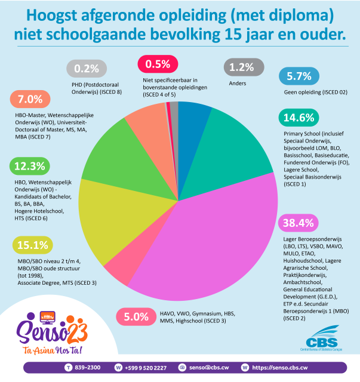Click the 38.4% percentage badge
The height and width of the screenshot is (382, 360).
(x=300, y=223)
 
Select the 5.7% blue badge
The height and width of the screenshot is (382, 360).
(x=300, y=76)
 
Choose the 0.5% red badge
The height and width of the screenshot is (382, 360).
(x=158, y=64)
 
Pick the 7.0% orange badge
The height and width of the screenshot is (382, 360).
(x=30, y=98)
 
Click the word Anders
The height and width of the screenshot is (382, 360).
(x=238, y=84)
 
